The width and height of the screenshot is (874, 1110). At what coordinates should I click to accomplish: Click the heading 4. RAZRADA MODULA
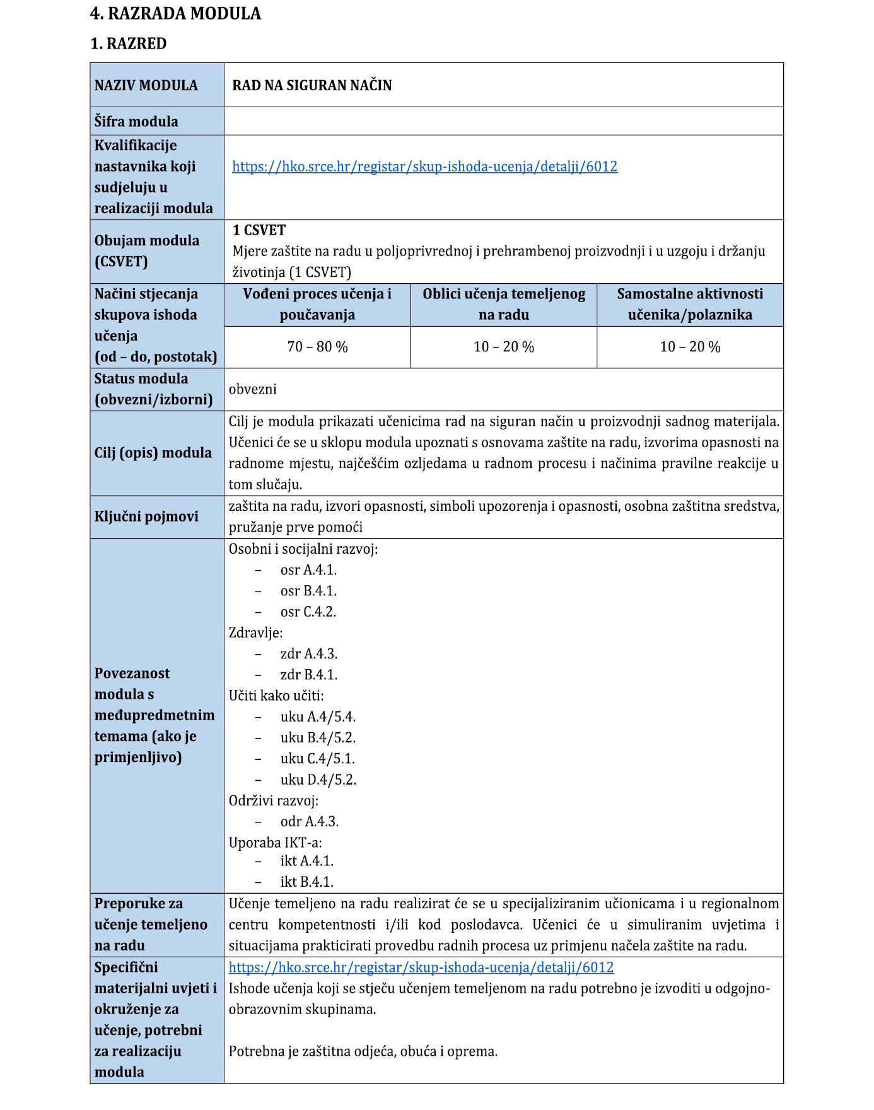pyautogui.click(x=175, y=14)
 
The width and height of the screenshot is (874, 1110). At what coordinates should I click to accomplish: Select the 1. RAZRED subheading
pyautogui.click(x=129, y=44)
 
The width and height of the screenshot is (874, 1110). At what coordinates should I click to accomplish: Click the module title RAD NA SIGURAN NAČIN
pyautogui.click(x=312, y=85)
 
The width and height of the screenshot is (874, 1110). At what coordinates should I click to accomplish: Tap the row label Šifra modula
pyautogui.click(x=136, y=121)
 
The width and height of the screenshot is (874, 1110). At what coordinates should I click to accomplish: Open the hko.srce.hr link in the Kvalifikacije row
pyautogui.click(x=424, y=166)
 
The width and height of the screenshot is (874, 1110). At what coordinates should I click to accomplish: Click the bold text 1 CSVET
pyautogui.click(x=259, y=230)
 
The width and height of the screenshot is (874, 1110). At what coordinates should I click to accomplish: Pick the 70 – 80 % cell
pyautogui.click(x=317, y=347)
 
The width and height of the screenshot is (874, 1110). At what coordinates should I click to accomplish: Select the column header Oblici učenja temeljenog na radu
pyautogui.click(x=504, y=304)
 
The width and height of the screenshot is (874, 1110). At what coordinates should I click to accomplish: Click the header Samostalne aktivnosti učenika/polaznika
pyautogui.click(x=690, y=304)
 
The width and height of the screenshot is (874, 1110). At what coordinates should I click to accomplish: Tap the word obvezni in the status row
pyautogui.click(x=252, y=389)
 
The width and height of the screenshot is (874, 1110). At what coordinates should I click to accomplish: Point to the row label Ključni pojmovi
pyautogui.click(x=146, y=517)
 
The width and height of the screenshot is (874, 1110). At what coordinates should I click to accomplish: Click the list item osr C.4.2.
pyautogui.click(x=308, y=612)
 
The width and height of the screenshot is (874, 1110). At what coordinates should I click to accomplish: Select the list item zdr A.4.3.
pyautogui.click(x=309, y=654)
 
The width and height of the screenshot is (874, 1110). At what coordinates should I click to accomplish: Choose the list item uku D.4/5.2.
pyautogui.click(x=318, y=780)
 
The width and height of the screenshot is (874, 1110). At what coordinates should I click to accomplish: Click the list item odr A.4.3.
pyautogui.click(x=310, y=822)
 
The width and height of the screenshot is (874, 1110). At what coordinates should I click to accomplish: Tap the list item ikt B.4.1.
pyautogui.click(x=307, y=882)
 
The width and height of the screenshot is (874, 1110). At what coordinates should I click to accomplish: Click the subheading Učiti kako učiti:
pyautogui.click(x=276, y=696)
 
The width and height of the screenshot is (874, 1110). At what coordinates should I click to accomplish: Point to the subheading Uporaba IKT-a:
pyautogui.click(x=275, y=843)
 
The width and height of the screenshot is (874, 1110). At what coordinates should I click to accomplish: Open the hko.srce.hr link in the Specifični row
pyautogui.click(x=421, y=967)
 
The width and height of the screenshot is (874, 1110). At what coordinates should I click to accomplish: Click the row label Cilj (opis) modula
pyautogui.click(x=153, y=453)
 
